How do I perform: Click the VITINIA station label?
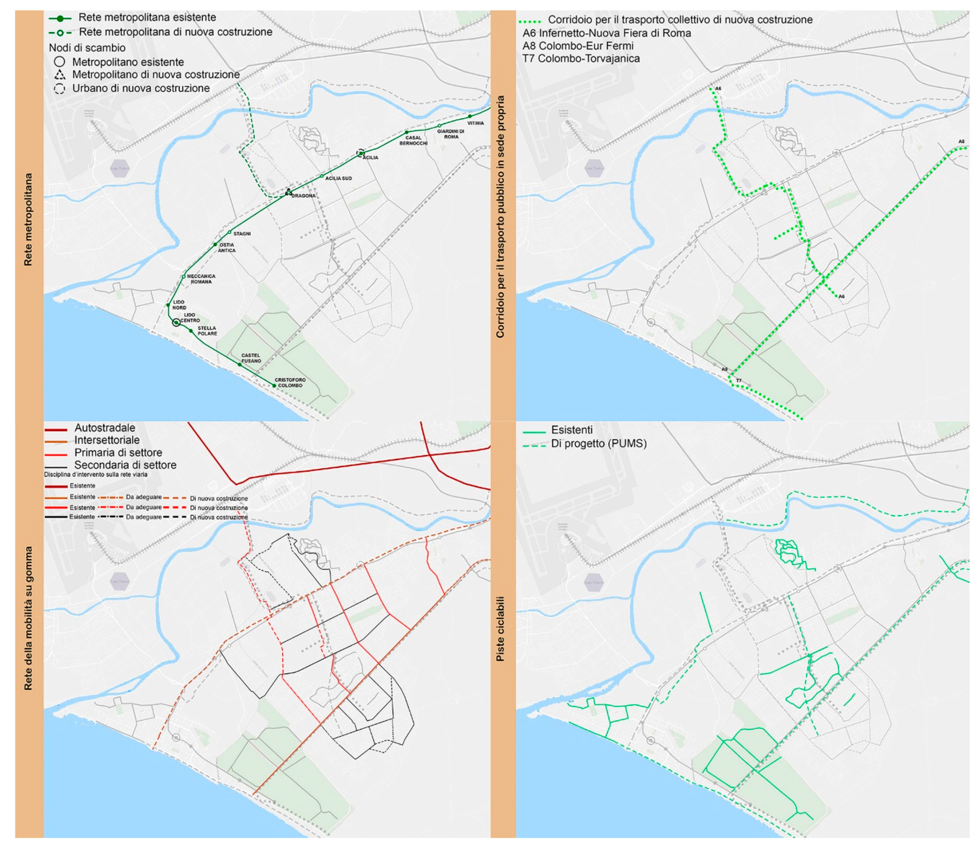pos(475,123)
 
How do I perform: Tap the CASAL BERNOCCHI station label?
pos(413,141)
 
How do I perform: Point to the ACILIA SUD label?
pos(338,178)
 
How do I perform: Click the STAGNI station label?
pos(242,233)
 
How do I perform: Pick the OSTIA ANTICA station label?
pos(227,248)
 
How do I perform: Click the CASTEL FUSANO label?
pos(251,358)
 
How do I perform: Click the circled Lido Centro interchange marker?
pos(176,323)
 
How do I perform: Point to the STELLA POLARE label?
pos(207,331)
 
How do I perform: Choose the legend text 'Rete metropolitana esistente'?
pos(147,17)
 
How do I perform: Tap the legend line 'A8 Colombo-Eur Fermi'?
pos(578,46)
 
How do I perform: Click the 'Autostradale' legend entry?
pos(105,428)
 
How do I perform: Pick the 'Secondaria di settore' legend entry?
pos(125,465)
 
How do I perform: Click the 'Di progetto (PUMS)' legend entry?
pos(599,444)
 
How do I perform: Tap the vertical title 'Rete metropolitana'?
pos(28,219)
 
